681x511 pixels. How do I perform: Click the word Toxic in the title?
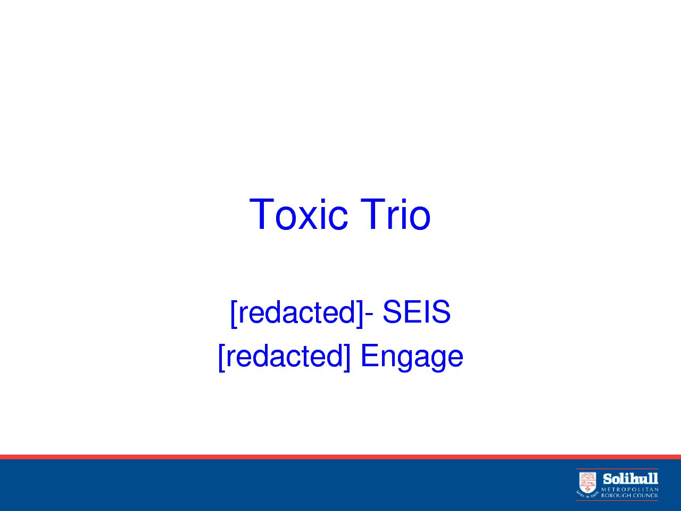coord(298,215)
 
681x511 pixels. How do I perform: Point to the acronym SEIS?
coord(417,311)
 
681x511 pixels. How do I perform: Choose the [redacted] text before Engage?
coord(285,356)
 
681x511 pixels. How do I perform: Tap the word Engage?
coord(412,357)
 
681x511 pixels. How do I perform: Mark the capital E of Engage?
coord(370,355)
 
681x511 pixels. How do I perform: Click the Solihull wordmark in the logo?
coord(630,479)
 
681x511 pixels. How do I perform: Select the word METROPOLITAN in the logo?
coord(629,489)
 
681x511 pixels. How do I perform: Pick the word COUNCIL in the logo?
coord(645,496)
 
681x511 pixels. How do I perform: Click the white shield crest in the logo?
coord(587,482)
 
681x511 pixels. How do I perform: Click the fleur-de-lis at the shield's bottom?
coord(587,489)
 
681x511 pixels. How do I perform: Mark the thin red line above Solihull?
coord(617,469)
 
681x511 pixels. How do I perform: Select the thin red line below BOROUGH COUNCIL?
coord(617,500)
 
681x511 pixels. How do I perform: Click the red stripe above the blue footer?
coord(340,457)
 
